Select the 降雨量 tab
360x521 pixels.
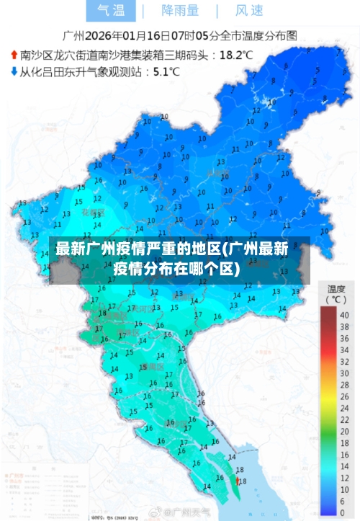pos(180,10)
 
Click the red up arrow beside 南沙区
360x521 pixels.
pos(14,54)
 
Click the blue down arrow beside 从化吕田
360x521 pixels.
pos(14,71)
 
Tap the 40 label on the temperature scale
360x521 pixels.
pos(344,315)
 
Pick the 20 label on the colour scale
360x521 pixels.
pos(344,414)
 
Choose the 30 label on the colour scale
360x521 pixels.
pos(344,364)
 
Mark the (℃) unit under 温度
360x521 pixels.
pos(335,298)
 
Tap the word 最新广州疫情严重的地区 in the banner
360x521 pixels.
pos(140,250)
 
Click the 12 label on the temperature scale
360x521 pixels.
pos(344,453)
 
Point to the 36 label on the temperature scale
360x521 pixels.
pos(344,334)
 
